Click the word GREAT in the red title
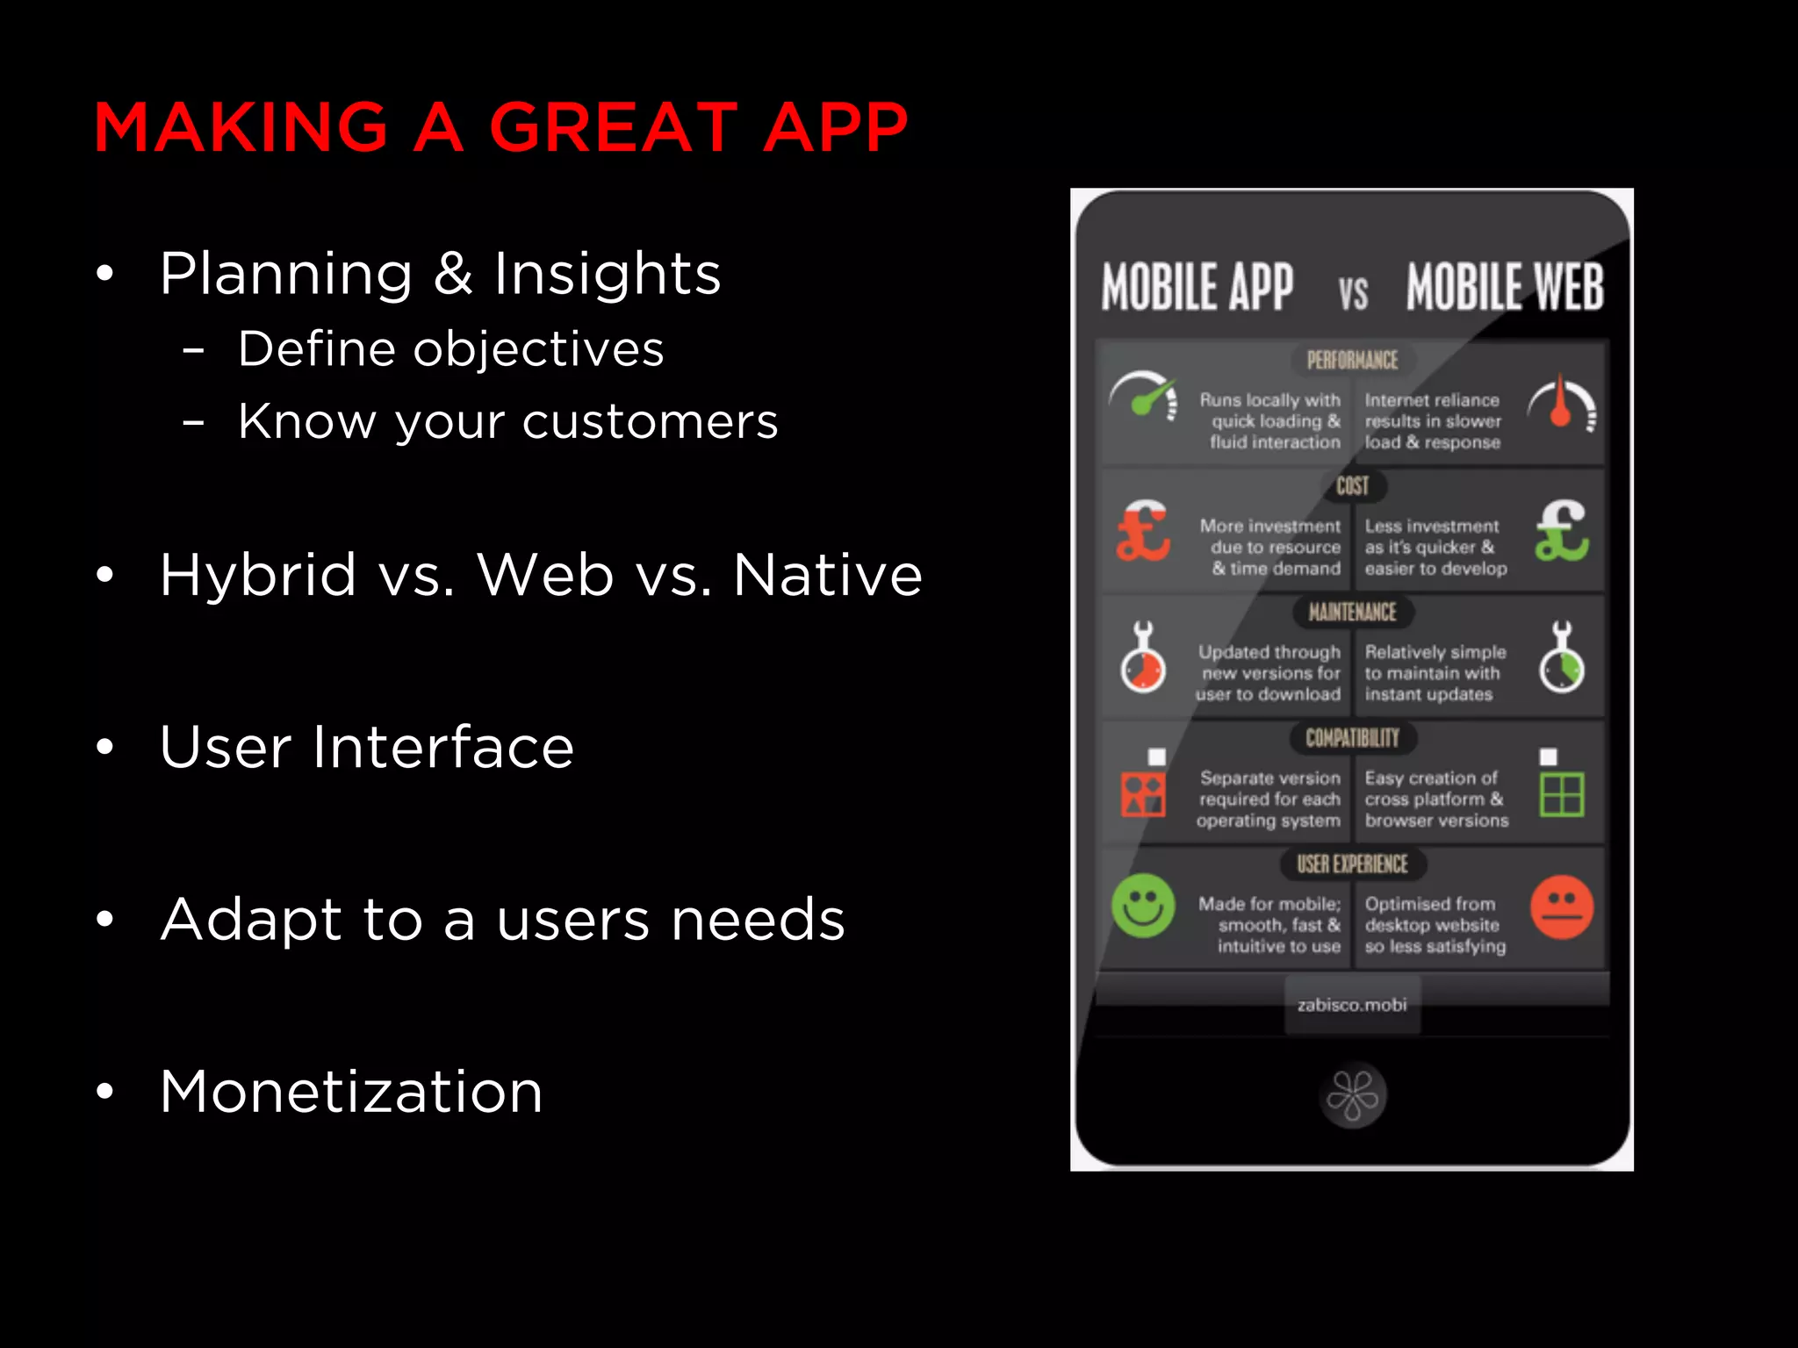pyautogui.click(x=613, y=127)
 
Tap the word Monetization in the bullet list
pyautogui.click(x=351, y=1092)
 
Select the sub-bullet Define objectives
pyautogui.click(x=450, y=349)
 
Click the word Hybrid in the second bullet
pyautogui.click(x=258, y=575)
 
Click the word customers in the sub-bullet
pyautogui.click(x=650, y=421)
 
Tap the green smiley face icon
pyautogui.click(x=1143, y=906)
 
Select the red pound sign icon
pyautogui.click(x=1142, y=532)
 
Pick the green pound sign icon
pyautogui.click(x=1561, y=531)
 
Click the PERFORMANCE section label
pyautogui.click(x=1352, y=361)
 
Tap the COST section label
pyautogui.click(x=1352, y=486)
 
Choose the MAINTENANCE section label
pyautogui.click(x=1352, y=612)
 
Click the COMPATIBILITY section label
pyautogui.click(x=1352, y=738)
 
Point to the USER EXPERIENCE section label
pyautogui.click(x=1352, y=864)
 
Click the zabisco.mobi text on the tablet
pyautogui.click(x=1352, y=1005)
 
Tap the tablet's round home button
pyautogui.click(x=1352, y=1096)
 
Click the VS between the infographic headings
pyautogui.click(x=1353, y=294)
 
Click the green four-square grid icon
pyautogui.click(x=1562, y=794)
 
